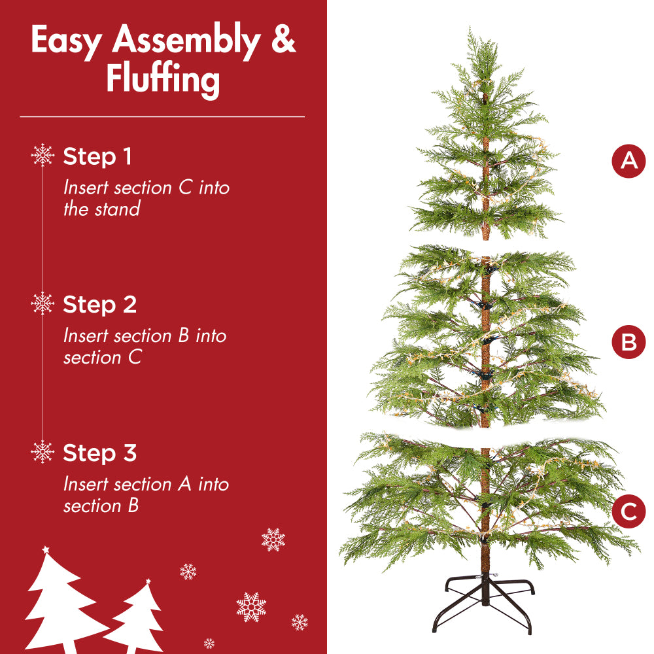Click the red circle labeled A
[628, 160]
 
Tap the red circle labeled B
[628, 342]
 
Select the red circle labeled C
[628, 511]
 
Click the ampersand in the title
[283, 41]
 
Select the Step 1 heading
[97, 157]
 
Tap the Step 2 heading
[99, 305]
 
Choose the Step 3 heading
[99, 453]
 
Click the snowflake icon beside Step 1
[43, 156]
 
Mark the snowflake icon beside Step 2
[43, 303]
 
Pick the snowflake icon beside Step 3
[43, 451]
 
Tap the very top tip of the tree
[470, 29]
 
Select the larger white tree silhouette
[59, 602]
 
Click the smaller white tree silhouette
[139, 618]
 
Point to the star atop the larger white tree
[45, 549]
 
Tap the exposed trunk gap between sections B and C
[485, 436]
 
